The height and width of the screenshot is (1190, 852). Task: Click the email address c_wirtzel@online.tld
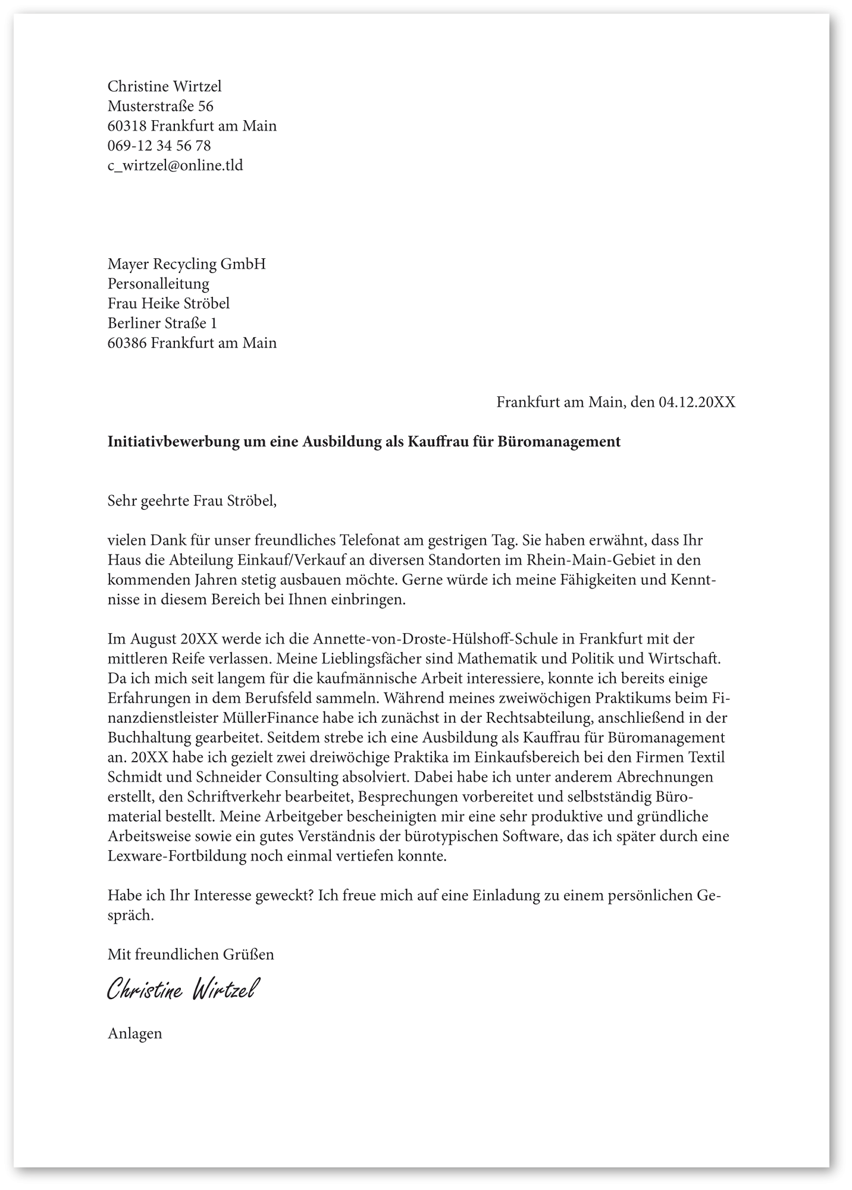[x=175, y=165]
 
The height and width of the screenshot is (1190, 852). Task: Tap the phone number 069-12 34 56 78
[x=159, y=146]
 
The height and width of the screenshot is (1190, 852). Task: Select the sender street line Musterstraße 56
[x=160, y=107]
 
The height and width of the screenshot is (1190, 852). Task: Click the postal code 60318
[x=127, y=126]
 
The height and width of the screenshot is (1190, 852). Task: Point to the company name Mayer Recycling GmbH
[x=186, y=264]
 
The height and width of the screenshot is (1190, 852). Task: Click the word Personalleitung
[x=158, y=284]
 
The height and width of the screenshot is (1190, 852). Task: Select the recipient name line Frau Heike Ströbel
[x=168, y=303]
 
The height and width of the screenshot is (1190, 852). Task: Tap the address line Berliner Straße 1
[x=162, y=323]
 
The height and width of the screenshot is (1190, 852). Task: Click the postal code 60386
[x=127, y=343]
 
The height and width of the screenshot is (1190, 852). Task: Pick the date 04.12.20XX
[x=696, y=402]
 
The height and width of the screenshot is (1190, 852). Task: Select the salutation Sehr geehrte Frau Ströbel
[x=192, y=500]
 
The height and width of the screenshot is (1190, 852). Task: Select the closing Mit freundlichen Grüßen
[x=190, y=955]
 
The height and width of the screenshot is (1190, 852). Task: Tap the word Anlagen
[x=134, y=1034]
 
